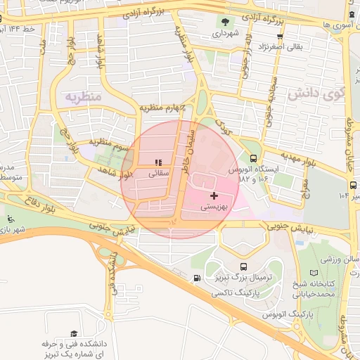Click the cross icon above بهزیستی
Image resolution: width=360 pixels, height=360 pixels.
pyautogui.click(x=214, y=195)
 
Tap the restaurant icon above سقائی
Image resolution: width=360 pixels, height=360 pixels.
pyautogui.click(x=158, y=162)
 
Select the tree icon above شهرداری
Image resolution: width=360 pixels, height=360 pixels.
pyautogui.click(x=226, y=22)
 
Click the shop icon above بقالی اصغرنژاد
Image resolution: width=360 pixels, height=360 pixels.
pyautogui.click(x=280, y=37)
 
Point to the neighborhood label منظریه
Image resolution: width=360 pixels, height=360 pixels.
pyautogui.click(x=84, y=95)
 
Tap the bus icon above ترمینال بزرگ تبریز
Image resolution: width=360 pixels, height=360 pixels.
pyautogui.click(x=243, y=266)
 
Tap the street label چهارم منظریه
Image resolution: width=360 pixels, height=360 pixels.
pyautogui.click(x=163, y=108)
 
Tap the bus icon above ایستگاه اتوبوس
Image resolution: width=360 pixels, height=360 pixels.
pyautogui.click(x=252, y=159)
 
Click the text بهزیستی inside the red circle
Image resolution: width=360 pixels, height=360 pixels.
pyautogui.click(x=214, y=207)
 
